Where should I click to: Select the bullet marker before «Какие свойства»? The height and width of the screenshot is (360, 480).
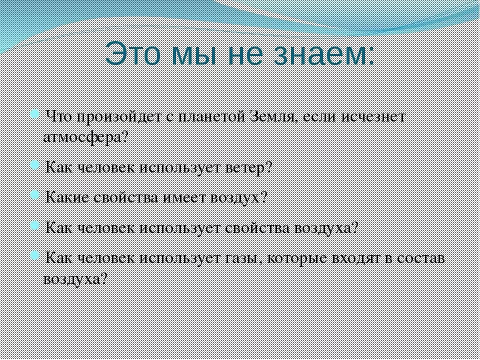click(x=34, y=195)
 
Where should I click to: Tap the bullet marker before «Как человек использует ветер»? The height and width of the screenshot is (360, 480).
click(x=34, y=165)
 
